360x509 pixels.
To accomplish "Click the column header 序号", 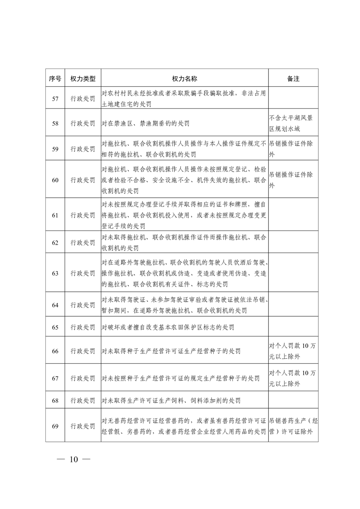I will [55, 78].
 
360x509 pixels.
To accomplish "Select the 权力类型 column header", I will [83, 78].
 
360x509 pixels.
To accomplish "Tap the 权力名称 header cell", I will [184, 78].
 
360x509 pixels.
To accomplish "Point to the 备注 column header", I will [293, 78].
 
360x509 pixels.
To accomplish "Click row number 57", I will [55, 99].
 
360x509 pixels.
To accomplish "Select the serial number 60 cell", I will [55, 180].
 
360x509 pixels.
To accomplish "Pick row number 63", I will [55, 273].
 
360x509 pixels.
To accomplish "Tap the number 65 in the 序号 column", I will [55, 327].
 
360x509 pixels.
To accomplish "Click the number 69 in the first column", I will [55, 426].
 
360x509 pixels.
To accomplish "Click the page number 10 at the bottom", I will [74, 459].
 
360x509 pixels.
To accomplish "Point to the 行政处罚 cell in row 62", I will [83, 243].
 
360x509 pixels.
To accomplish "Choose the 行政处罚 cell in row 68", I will [83, 401].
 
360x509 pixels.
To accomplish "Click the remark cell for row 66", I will [293, 351].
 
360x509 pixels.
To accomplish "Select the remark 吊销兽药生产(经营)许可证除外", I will [293, 426].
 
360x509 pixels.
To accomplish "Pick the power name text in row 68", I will [171, 401].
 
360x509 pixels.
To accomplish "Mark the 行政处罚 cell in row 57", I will [83, 99].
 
